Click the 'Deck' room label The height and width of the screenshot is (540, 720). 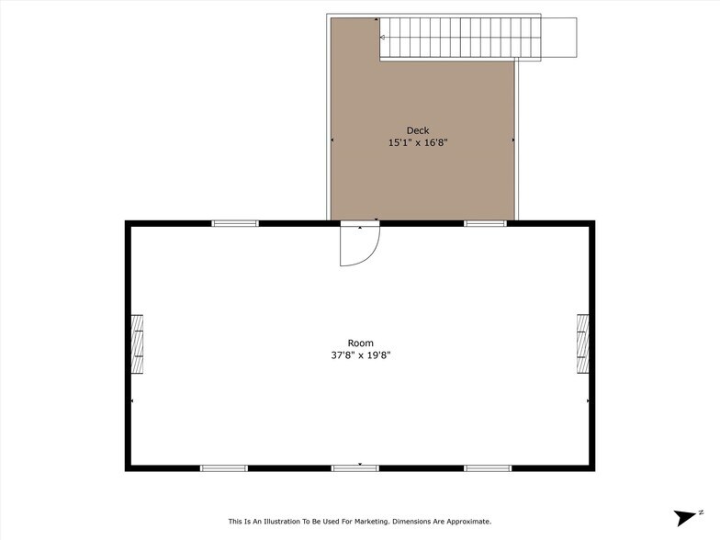point(418,130)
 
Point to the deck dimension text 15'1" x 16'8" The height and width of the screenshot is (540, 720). point(418,142)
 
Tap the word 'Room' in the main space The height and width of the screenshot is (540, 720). point(360,343)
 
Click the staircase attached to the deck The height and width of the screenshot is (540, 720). point(478,38)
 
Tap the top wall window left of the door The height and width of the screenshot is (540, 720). point(235,223)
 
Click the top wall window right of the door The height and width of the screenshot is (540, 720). point(485,223)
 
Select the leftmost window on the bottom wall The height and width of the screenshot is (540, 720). point(224,468)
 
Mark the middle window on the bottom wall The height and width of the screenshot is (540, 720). point(354,468)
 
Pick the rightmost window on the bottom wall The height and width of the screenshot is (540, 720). point(487,468)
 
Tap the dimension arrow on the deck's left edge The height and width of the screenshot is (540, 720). point(332,141)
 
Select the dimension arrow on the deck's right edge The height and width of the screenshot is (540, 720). point(512,141)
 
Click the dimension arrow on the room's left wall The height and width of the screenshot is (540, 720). point(132,401)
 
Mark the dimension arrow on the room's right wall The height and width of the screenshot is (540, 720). point(588,401)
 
